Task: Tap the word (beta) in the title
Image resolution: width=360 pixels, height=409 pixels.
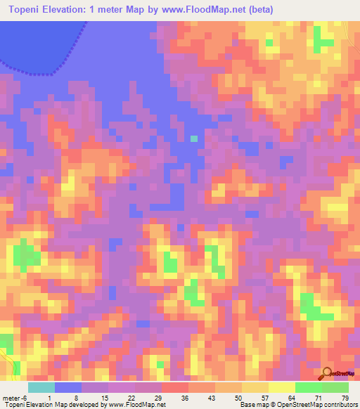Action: pos(259,8)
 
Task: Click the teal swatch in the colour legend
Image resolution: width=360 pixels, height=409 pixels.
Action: pos(41,388)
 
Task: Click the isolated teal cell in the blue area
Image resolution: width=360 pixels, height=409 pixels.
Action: pos(194,138)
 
